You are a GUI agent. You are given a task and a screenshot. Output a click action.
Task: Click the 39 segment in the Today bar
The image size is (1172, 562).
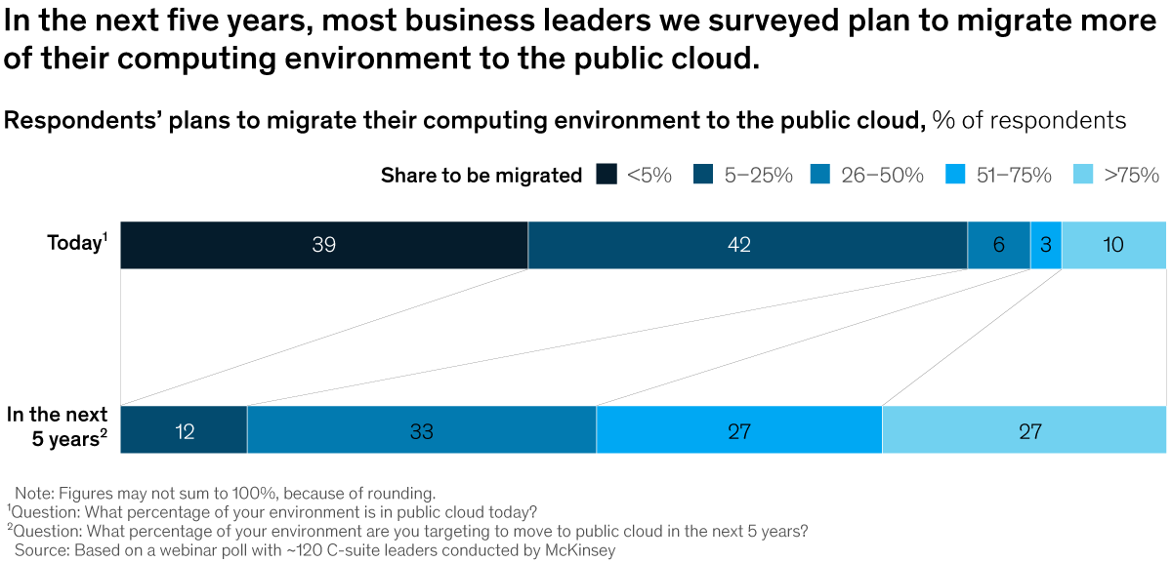pyautogui.click(x=324, y=245)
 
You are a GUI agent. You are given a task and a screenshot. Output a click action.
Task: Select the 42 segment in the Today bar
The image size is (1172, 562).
pyautogui.click(x=747, y=245)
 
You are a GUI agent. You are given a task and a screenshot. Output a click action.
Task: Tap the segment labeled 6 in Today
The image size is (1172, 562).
pyautogui.click(x=998, y=245)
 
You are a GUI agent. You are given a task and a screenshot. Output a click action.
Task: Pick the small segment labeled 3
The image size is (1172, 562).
pyautogui.click(x=1045, y=245)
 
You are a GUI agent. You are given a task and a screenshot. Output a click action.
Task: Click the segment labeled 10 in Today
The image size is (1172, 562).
pyautogui.click(x=1113, y=245)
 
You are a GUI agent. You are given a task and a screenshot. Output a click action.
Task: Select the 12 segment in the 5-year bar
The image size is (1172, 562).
pyautogui.click(x=184, y=429)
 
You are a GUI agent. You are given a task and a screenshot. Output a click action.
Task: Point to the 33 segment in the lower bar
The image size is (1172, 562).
pyautogui.click(x=421, y=429)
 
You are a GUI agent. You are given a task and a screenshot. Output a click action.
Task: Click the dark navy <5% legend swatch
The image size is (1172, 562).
pyautogui.click(x=607, y=176)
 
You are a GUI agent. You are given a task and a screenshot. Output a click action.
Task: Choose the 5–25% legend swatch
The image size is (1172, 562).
pyautogui.click(x=703, y=176)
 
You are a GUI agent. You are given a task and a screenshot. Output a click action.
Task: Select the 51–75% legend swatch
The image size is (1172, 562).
pyautogui.click(x=956, y=176)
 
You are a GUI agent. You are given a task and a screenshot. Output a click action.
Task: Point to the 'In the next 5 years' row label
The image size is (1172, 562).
pyautogui.click(x=57, y=426)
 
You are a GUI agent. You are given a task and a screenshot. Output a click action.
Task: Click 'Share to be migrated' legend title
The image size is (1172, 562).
pyautogui.click(x=481, y=176)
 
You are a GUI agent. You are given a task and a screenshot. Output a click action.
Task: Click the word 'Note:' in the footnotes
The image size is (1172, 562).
pyautogui.click(x=35, y=493)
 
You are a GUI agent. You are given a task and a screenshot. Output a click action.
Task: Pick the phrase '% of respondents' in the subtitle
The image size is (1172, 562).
pyautogui.click(x=1028, y=121)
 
